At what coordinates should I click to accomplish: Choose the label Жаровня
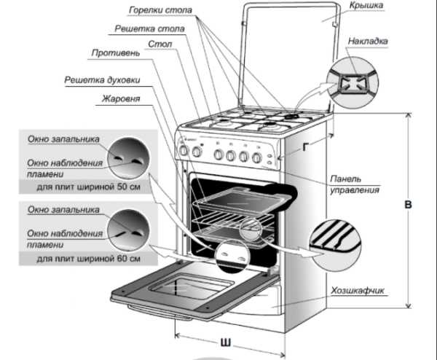click(x=121, y=96)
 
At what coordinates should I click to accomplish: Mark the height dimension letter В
click(x=410, y=206)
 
